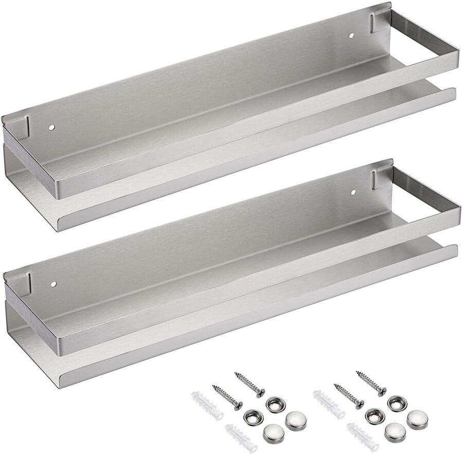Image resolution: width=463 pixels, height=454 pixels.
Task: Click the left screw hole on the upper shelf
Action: (52, 126)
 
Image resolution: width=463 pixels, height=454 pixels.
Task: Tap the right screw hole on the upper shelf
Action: (352, 36)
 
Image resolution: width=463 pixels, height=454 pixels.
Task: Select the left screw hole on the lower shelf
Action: (53, 283)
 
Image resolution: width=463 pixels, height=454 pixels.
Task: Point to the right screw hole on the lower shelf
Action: (353, 192)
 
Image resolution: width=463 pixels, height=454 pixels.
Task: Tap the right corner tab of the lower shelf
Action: (382, 175)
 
